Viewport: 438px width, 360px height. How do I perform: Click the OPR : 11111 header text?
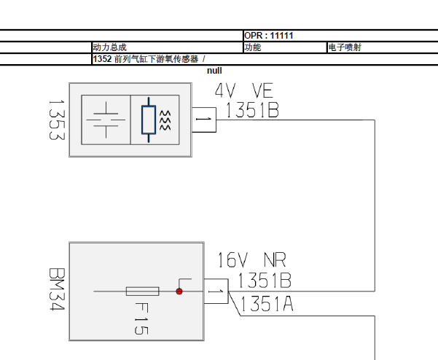point(269,36)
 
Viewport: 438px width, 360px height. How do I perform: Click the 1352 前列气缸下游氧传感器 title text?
point(146,59)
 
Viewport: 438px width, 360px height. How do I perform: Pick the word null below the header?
point(214,71)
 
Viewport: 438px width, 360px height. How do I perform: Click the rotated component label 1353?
point(57,120)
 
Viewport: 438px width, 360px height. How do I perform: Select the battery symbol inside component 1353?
point(106,120)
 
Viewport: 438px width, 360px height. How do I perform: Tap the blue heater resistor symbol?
point(149,120)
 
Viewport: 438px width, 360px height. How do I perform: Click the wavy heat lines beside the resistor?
point(165,120)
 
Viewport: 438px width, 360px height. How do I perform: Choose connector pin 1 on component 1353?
point(204,120)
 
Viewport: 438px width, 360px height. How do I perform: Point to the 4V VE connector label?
point(244,91)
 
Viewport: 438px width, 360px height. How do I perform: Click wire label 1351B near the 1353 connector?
point(252,110)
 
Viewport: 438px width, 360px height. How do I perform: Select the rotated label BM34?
point(57,289)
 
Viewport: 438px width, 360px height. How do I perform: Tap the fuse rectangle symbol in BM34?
point(142,291)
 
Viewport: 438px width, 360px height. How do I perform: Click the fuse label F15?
point(141,318)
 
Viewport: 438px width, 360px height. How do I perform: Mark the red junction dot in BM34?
point(179,291)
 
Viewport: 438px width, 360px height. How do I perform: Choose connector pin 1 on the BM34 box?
point(216,291)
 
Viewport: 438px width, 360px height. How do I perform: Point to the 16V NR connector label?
point(251,260)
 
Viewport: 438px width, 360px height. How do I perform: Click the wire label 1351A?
point(267,304)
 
